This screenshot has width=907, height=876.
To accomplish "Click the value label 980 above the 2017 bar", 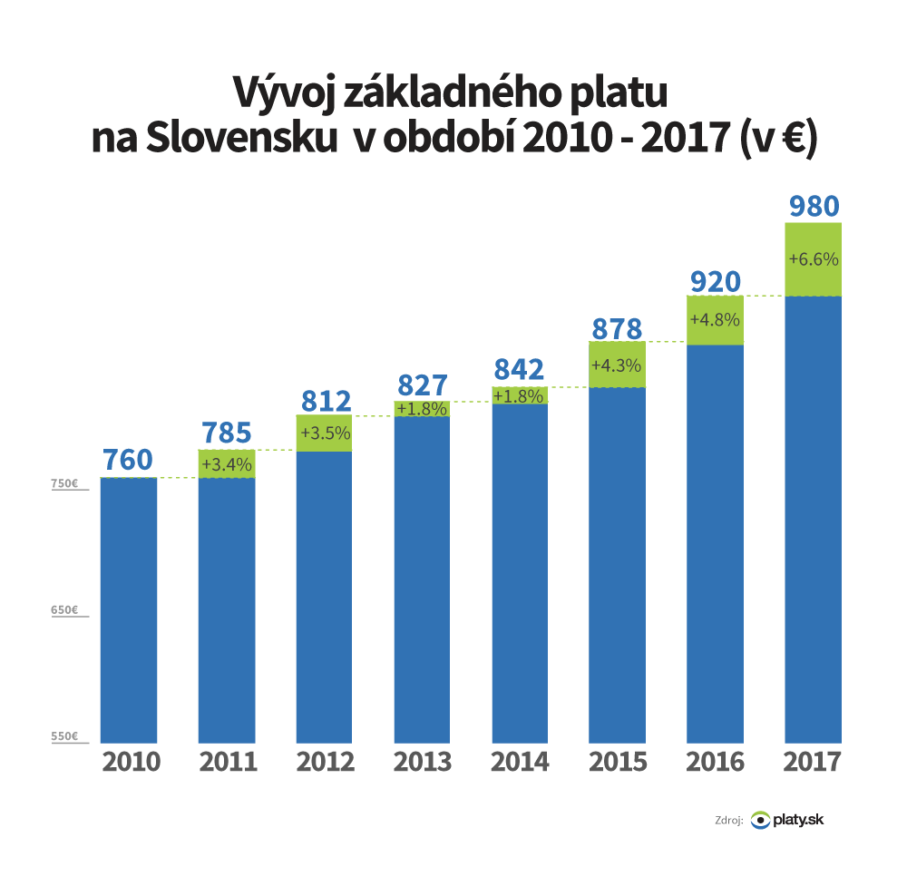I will click(x=814, y=206).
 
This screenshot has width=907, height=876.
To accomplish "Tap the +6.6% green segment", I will click(x=814, y=259).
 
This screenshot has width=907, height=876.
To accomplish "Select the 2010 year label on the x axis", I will click(x=129, y=762).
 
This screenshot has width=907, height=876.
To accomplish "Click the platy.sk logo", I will click(x=788, y=820).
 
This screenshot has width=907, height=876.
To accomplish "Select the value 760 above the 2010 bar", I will click(x=128, y=460).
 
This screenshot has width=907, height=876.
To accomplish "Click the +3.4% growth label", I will click(x=226, y=464).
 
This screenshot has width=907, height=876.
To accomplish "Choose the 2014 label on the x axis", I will click(x=520, y=762).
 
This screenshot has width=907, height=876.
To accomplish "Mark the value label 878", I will click(x=617, y=327).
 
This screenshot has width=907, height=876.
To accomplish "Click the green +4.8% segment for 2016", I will click(x=716, y=320).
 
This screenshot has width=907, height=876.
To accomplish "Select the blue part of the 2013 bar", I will click(x=422, y=580).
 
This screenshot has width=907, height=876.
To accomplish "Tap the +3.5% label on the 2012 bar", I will click(x=324, y=433).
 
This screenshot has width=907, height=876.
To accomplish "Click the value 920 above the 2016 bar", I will click(x=716, y=281).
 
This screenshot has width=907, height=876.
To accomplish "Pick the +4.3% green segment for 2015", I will click(x=617, y=365).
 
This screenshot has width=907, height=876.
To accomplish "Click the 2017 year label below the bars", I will click(x=814, y=762).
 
